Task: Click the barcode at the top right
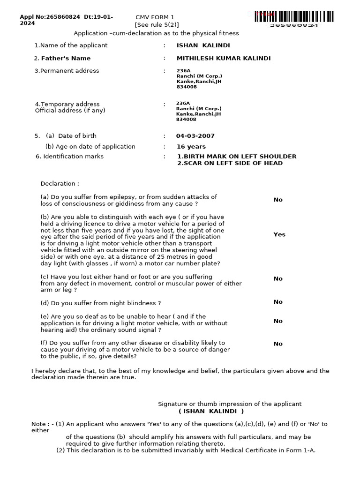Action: (x=294, y=16)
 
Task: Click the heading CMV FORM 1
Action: (x=155, y=17)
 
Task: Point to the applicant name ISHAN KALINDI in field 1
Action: (x=203, y=45)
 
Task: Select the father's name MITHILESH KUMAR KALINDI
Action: (x=224, y=59)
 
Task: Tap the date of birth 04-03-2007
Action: (x=195, y=136)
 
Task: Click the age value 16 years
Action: (x=191, y=147)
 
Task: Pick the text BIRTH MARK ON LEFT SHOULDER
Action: (x=240, y=157)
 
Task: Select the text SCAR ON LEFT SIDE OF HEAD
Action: (x=232, y=163)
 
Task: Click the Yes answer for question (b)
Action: (x=279, y=234)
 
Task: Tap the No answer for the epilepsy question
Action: (x=278, y=200)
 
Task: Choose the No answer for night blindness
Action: (x=278, y=302)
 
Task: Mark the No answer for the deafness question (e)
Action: (x=278, y=321)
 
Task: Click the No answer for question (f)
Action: (x=278, y=344)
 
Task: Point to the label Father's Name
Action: (x=66, y=59)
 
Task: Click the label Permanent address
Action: (x=69, y=71)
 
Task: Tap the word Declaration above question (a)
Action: (x=60, y=184)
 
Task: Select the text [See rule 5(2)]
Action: (x=157, y=25)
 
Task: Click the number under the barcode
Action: (x=294, y=25)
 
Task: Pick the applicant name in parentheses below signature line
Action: (x=211, y=411)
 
